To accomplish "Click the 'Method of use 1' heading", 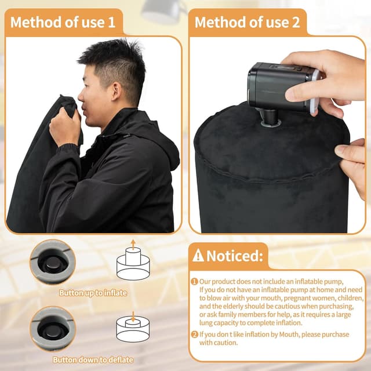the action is pyautogui.click(x=63, y=23).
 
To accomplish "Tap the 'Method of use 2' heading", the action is pyautogui.click(x=248, y=23).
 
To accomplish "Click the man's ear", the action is pyautogui.click(x=116, y=91).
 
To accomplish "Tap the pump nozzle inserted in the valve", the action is pyautogui.click(x=270, y=118).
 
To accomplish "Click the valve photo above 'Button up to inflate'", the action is pyautogui.click(x=53, y=262).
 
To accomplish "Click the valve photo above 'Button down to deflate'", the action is pyautogui.click(x=53, y=329).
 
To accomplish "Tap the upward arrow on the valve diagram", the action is pyautogui.click(x=133, y=245).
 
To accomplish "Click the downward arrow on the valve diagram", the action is pyautogui.click(x=133, y=317).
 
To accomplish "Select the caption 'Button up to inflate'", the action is pyautogui.click(x=93, y=293).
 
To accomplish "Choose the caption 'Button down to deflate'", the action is pyautogui.click(x=93, y=359).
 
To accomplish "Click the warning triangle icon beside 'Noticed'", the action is pyautogui.click(x=198, y=255).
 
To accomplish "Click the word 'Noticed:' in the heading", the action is pyautogui.click(x=234, y=256).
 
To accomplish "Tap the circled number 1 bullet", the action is pyautogui.click(x=194, y=282).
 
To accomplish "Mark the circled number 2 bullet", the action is pyautogui.click(x=194, y=334).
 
